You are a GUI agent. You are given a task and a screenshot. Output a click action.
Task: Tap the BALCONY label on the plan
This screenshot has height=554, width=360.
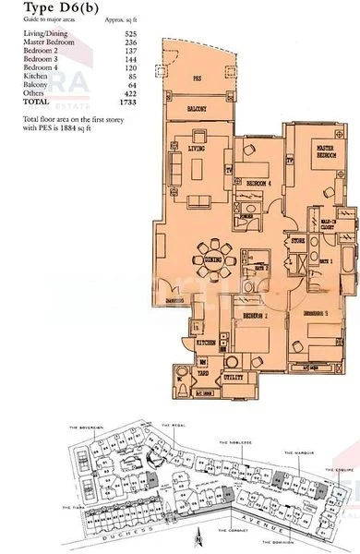pyautogui.click(x=194, y=110)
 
